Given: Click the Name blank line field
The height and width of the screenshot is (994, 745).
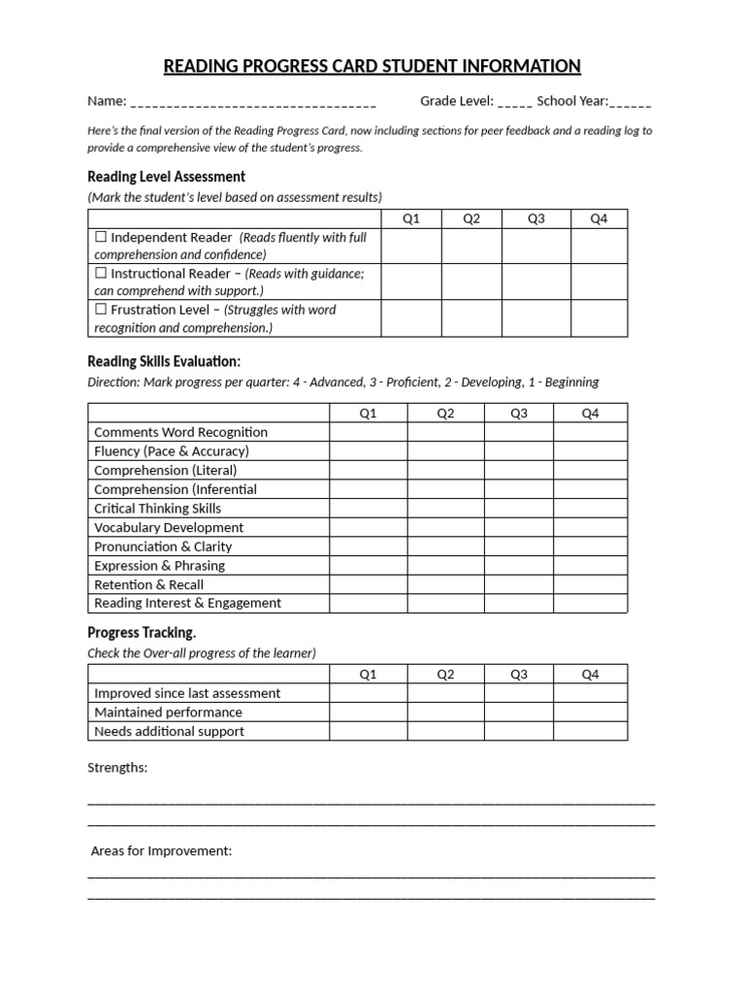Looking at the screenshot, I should (252, 101).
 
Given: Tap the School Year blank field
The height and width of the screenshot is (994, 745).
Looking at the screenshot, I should (632, 101).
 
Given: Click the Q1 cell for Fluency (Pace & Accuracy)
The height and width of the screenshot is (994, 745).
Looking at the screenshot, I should (368, 451).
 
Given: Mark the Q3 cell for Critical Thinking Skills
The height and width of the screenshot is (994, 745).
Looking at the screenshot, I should (518, 509).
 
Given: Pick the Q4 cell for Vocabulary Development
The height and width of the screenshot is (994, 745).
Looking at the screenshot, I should (590, 527).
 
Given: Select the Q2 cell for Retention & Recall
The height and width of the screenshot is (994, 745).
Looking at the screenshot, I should (445, 584).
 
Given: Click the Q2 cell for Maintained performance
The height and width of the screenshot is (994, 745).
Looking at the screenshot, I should (445, 712).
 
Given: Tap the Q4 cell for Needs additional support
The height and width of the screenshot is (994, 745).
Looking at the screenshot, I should (590, 731).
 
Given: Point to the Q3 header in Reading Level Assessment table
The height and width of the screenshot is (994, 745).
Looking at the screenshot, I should (535, 218).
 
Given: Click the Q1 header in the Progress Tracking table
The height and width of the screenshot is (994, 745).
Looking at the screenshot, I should (368, 675).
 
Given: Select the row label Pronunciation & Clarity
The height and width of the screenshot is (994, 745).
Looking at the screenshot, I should (163, 547).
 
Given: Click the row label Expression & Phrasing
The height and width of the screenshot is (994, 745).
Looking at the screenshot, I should (159, 565).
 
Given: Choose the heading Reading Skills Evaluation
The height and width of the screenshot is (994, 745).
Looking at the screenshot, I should (164, 362).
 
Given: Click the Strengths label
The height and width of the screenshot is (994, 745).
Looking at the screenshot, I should (117, 768).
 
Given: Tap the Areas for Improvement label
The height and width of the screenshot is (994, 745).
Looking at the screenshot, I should (161, 851).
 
